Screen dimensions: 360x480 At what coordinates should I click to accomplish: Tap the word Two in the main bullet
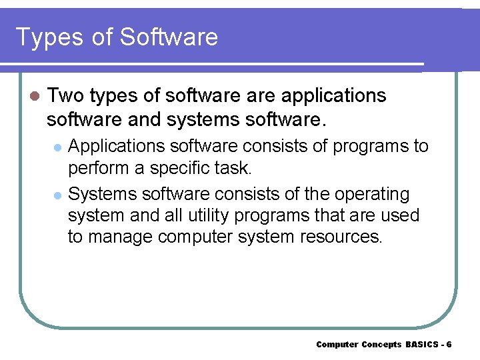[65, 95]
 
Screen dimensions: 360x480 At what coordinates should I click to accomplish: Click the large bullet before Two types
[35, 96]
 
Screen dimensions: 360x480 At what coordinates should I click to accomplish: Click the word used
[399, 215]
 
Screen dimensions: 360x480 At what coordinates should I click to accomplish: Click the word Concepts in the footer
[381, 344]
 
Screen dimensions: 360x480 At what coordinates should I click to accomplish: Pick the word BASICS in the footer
[421, 344]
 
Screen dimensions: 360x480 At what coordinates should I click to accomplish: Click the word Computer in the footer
[337, 344]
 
